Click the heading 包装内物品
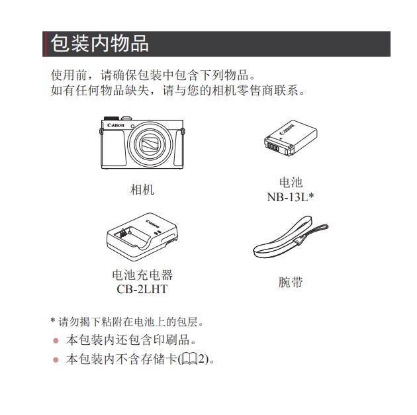(x=100, y=43)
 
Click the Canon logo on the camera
(x=116, y=125)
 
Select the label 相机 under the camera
(x=142, y=189)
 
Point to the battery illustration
(x=291, y=138)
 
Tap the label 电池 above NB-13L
(x=291, y=183)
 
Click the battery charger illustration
(x=142, y=236)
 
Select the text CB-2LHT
(x=142, y=289)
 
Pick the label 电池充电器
(x=142, y=275)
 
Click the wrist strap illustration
(x=291, y=236)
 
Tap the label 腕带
(x=291, y=282)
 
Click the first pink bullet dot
(x=56, y=341)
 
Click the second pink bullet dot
(x=56, y=360)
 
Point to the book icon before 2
(x=189, y=359)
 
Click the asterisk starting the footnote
(x=53, y=320)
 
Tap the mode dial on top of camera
(x=111, y=118)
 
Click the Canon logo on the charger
(x=153, y=224)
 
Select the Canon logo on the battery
(x=287, y=129)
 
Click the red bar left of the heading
(x=44, y=44)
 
